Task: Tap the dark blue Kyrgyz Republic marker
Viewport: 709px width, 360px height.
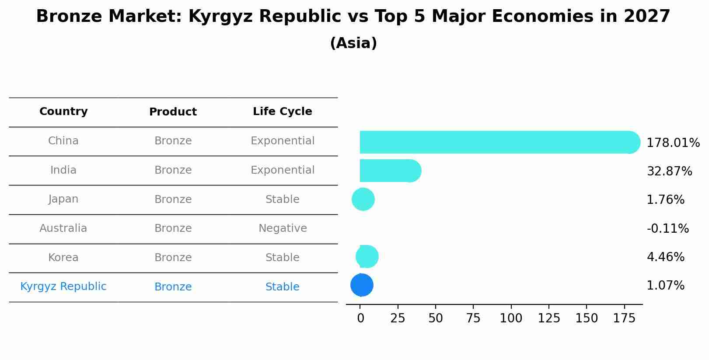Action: (362, 285)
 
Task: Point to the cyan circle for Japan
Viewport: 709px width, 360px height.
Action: (363, 199)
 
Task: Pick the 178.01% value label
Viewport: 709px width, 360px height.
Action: (673, 143)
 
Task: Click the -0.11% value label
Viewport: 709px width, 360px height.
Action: (667, 229)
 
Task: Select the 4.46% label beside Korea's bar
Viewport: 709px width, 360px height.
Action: (665, 257)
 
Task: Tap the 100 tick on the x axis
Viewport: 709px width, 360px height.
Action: (511, 318)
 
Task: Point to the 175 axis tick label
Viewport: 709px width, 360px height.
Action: (624, 318)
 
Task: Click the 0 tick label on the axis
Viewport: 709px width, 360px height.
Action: (360, 318)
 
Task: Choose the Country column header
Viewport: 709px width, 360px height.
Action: (63, 112)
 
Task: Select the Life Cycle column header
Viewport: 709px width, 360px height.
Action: (283, 112)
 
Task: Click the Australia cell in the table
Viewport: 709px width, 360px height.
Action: (63, 228)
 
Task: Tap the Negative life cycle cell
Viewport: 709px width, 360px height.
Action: (283, 228)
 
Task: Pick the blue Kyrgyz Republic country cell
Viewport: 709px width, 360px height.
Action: (63, 287)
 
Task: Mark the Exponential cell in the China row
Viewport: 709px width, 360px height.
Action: (283, 141)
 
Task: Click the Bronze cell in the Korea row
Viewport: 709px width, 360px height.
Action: (173, 258)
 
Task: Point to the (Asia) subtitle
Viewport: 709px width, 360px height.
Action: (353, 43)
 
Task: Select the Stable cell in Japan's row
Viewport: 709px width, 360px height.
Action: (283, 199)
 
